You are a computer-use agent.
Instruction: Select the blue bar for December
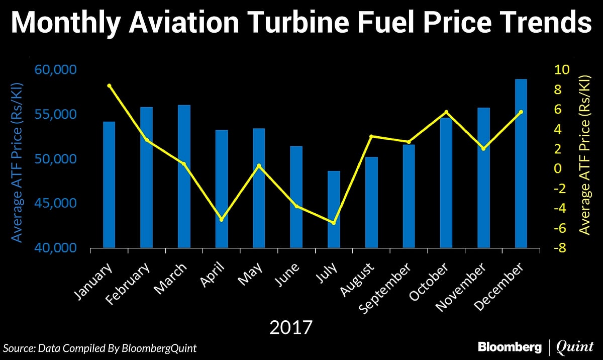coord(521,164)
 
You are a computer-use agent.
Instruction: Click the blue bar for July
coord(334,210)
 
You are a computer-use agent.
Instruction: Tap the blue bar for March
coord(184,176)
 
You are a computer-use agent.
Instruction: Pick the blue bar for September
coord(409,197)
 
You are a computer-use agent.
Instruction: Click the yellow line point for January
coord(109,86)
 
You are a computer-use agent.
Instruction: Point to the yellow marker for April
coord(222,219)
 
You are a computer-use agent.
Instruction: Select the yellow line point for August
coord(371,136)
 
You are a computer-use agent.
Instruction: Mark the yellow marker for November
coord(483,149)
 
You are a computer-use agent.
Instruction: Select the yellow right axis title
coord(584,155)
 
